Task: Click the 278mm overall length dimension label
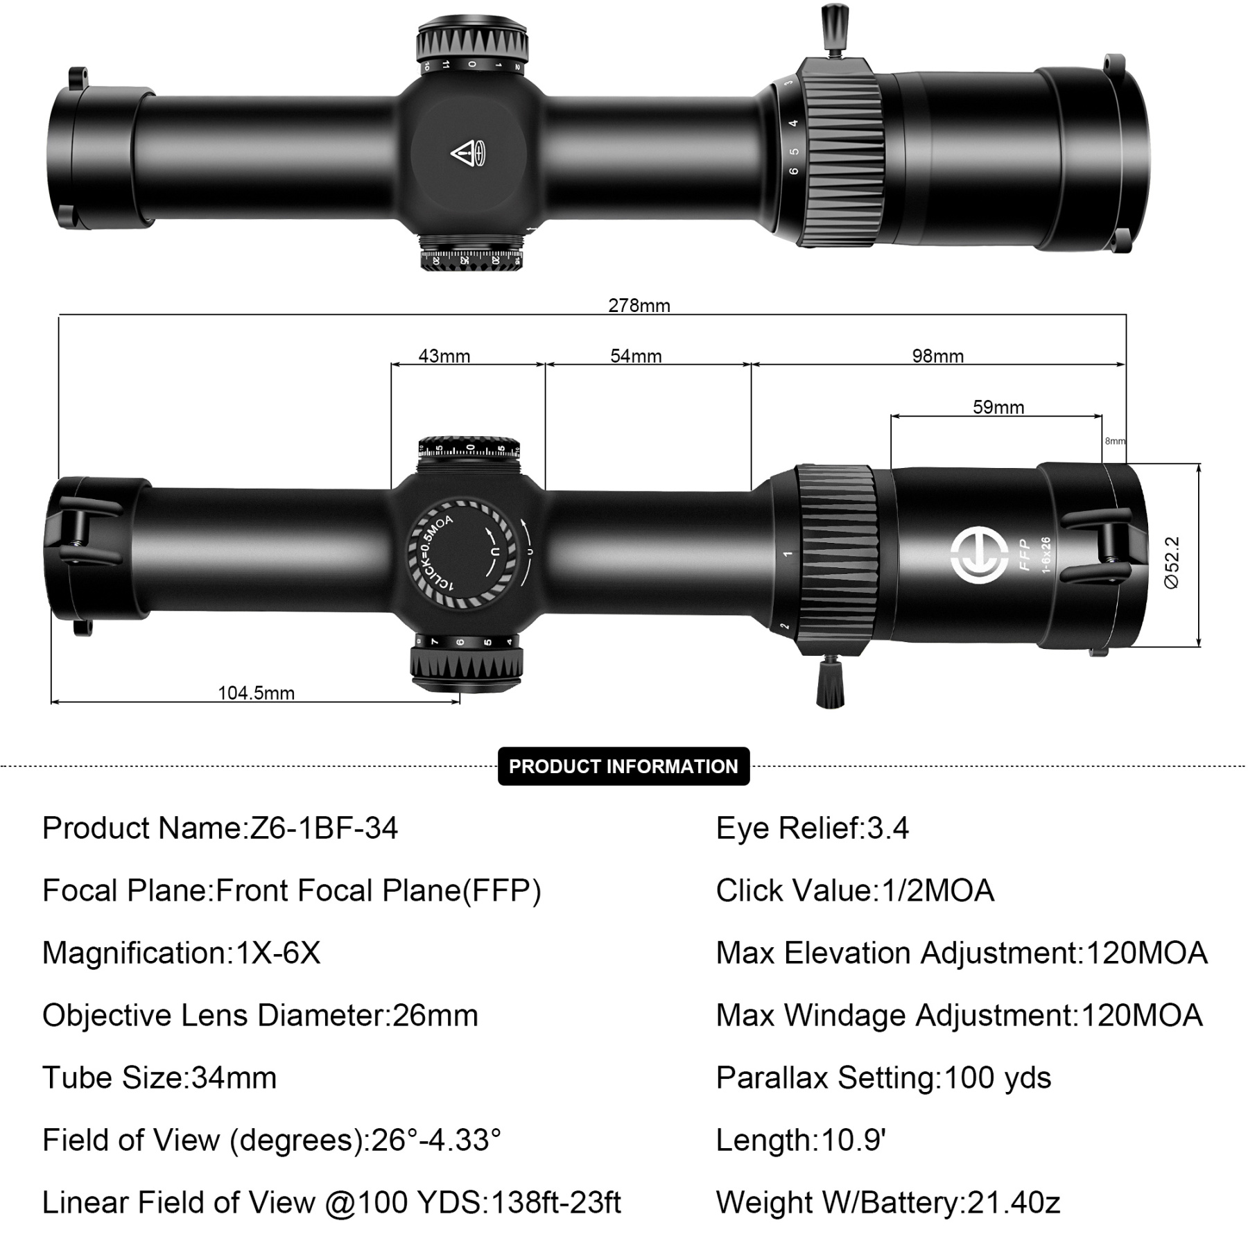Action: (639, 305)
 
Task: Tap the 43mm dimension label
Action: (444, 356)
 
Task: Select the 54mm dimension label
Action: (636, 356)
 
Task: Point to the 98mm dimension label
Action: (937, 356)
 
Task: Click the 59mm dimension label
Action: (998, 407)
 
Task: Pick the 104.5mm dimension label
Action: (256, 693)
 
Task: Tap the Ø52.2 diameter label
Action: (1171, 562)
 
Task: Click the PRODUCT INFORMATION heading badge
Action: (623, 766)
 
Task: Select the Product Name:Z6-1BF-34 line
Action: (220, 828)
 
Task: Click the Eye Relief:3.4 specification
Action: (812, 828)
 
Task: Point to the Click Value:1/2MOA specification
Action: (855, 890)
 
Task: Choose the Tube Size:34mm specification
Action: (159, 1077)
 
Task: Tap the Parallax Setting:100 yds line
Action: (883, 1077)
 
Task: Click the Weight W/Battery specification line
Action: (888, 1202)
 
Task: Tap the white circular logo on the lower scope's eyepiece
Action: (979, 555)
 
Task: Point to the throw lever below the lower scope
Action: (831, 683)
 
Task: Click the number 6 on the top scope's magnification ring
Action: (794, 171)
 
